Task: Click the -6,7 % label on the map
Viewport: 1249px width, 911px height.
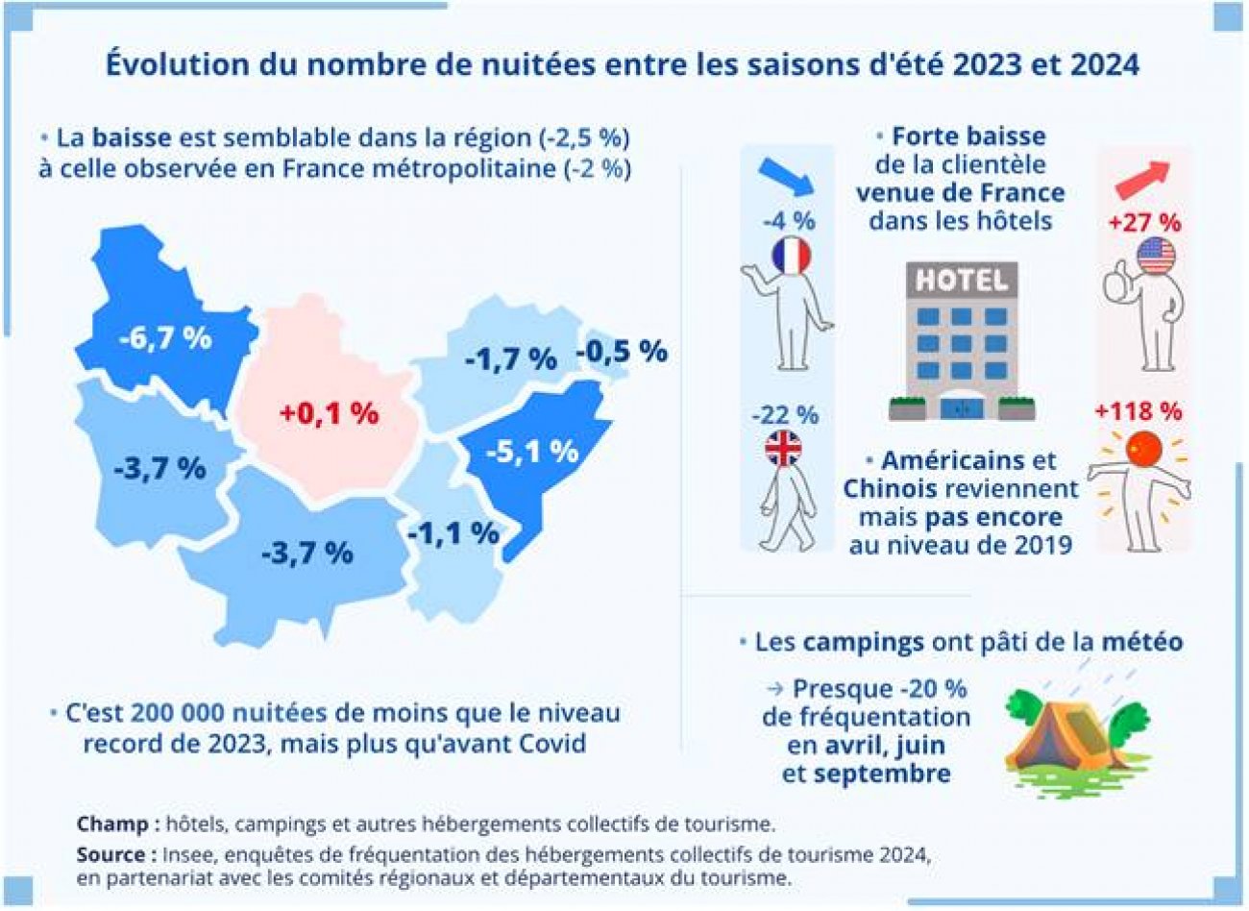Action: (165, 338)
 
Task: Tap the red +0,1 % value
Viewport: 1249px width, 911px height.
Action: (329, 413)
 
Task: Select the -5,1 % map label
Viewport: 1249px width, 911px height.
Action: (531, 451)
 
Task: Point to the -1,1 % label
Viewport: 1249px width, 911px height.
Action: (453, 533)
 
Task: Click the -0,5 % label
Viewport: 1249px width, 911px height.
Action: (622, 352)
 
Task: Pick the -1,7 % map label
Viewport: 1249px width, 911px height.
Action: (510, 359)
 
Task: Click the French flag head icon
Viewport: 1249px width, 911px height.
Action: (791, 255)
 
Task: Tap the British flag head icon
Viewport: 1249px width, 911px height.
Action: (783, 449)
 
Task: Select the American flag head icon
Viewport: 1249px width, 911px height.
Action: (1155, 257)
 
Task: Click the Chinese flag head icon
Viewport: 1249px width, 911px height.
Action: (1143, 449)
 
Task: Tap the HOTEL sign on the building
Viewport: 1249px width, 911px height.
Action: (961, 281)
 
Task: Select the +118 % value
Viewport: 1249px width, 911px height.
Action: (1138, 411)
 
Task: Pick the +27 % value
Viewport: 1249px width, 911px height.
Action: (1144, 222)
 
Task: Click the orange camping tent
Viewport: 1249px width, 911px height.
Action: (1066, 736)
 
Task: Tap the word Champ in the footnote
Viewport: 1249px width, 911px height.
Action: (111, 824)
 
